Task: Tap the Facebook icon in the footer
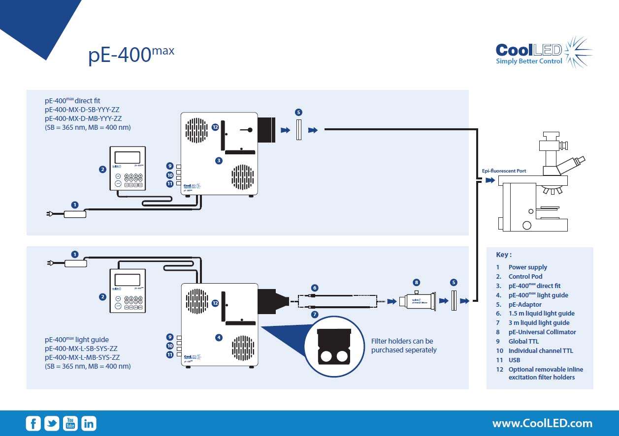(x=33, y=423)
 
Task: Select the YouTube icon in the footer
(x=70, y=423)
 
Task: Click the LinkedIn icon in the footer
(x=89, y=423)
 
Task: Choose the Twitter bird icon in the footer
(x=52, y=423)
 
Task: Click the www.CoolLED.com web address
(x=542, y=423)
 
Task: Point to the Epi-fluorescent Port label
(x=504, y=171)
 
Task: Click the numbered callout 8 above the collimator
(x=417, y=283)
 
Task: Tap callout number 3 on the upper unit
(x=219, y=160)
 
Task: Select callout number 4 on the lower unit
(x=219, y=337)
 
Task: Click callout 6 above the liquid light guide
(x=315, y=288)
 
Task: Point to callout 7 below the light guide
(x=315, y=314)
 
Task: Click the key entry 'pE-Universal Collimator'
(x=542, y=332)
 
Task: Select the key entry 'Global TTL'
(x=523, y=341)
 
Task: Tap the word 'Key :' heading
(x=504, y=255)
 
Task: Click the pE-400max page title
(x=131, y=55)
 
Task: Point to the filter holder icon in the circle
(x=334, y=347)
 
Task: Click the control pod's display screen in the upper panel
(x=127, y=158)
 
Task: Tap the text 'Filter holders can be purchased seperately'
(x=404, y=346)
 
